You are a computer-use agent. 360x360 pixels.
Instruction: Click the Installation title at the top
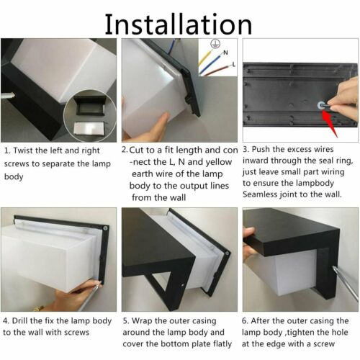179,24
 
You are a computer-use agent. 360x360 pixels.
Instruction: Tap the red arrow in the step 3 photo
330,123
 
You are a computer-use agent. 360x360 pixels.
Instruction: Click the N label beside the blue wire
225,53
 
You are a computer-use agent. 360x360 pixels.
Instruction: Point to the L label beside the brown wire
234,64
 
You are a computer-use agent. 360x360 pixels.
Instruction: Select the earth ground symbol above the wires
215,44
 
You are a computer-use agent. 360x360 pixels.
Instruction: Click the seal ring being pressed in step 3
321,105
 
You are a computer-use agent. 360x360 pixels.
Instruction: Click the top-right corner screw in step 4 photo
105,228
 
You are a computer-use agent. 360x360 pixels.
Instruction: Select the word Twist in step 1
23,150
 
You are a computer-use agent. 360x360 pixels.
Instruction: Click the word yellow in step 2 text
219,162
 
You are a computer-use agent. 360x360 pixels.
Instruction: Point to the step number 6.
245,321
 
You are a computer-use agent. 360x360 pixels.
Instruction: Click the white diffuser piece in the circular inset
89,127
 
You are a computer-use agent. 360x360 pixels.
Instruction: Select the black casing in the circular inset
89,105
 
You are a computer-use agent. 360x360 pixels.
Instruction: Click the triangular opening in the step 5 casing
160,282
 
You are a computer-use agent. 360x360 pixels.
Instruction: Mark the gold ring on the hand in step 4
38,308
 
